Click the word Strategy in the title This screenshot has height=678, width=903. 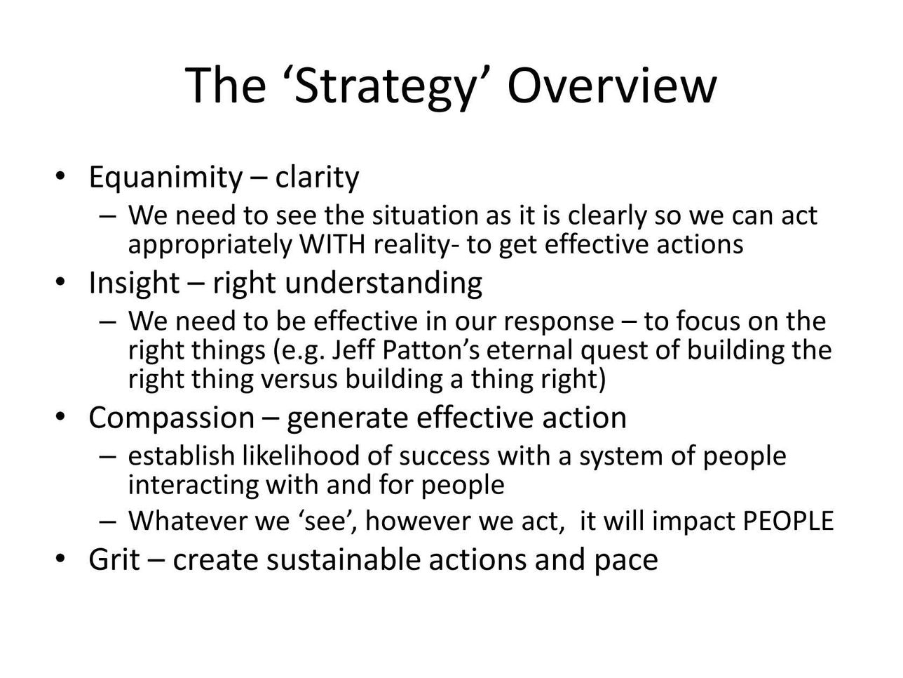click(384, 87)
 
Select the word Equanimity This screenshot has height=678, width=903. click(165, 178)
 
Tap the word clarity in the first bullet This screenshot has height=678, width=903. click(317, 177)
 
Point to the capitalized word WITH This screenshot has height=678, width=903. click(332, 244)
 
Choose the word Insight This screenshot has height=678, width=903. click(134, 284)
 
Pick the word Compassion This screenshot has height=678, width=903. click(172, 418)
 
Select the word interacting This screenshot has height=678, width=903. click(193, 484)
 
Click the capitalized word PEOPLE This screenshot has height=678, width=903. click(787, 520)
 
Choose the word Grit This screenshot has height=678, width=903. click(114, 559)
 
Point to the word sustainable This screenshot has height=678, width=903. click(343, 559)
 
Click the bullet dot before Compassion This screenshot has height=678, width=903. click(60, 417)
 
